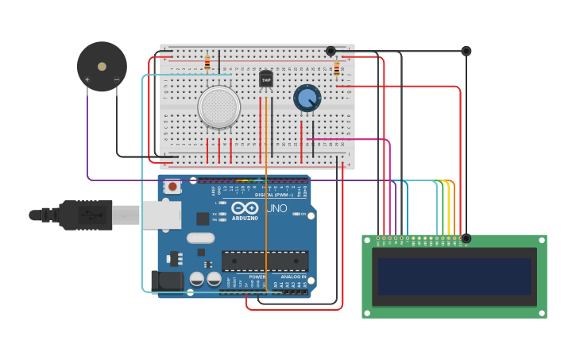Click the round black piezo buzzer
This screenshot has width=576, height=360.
pos(102,67)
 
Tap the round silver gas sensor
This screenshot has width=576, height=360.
pos(219,107)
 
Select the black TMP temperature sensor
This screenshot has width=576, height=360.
pos(266,79)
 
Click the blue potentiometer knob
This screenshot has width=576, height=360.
pos(307,98)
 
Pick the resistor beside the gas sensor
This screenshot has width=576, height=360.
pos(207,63)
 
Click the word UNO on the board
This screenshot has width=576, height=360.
pos(276,208)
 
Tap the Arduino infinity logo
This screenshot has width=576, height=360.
pos(245,208)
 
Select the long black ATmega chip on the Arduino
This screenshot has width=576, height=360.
pos(265,261)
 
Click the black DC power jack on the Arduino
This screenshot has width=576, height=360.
pos(166,280)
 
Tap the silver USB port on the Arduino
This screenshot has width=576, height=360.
pos(161,215)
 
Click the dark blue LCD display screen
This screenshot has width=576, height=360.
pos(454,276)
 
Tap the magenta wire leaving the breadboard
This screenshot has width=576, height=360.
pos(350,139)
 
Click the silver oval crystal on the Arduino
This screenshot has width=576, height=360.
pos(200,238)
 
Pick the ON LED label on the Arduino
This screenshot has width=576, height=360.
pos(303,214)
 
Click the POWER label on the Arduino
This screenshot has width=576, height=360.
pos(257,277)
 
